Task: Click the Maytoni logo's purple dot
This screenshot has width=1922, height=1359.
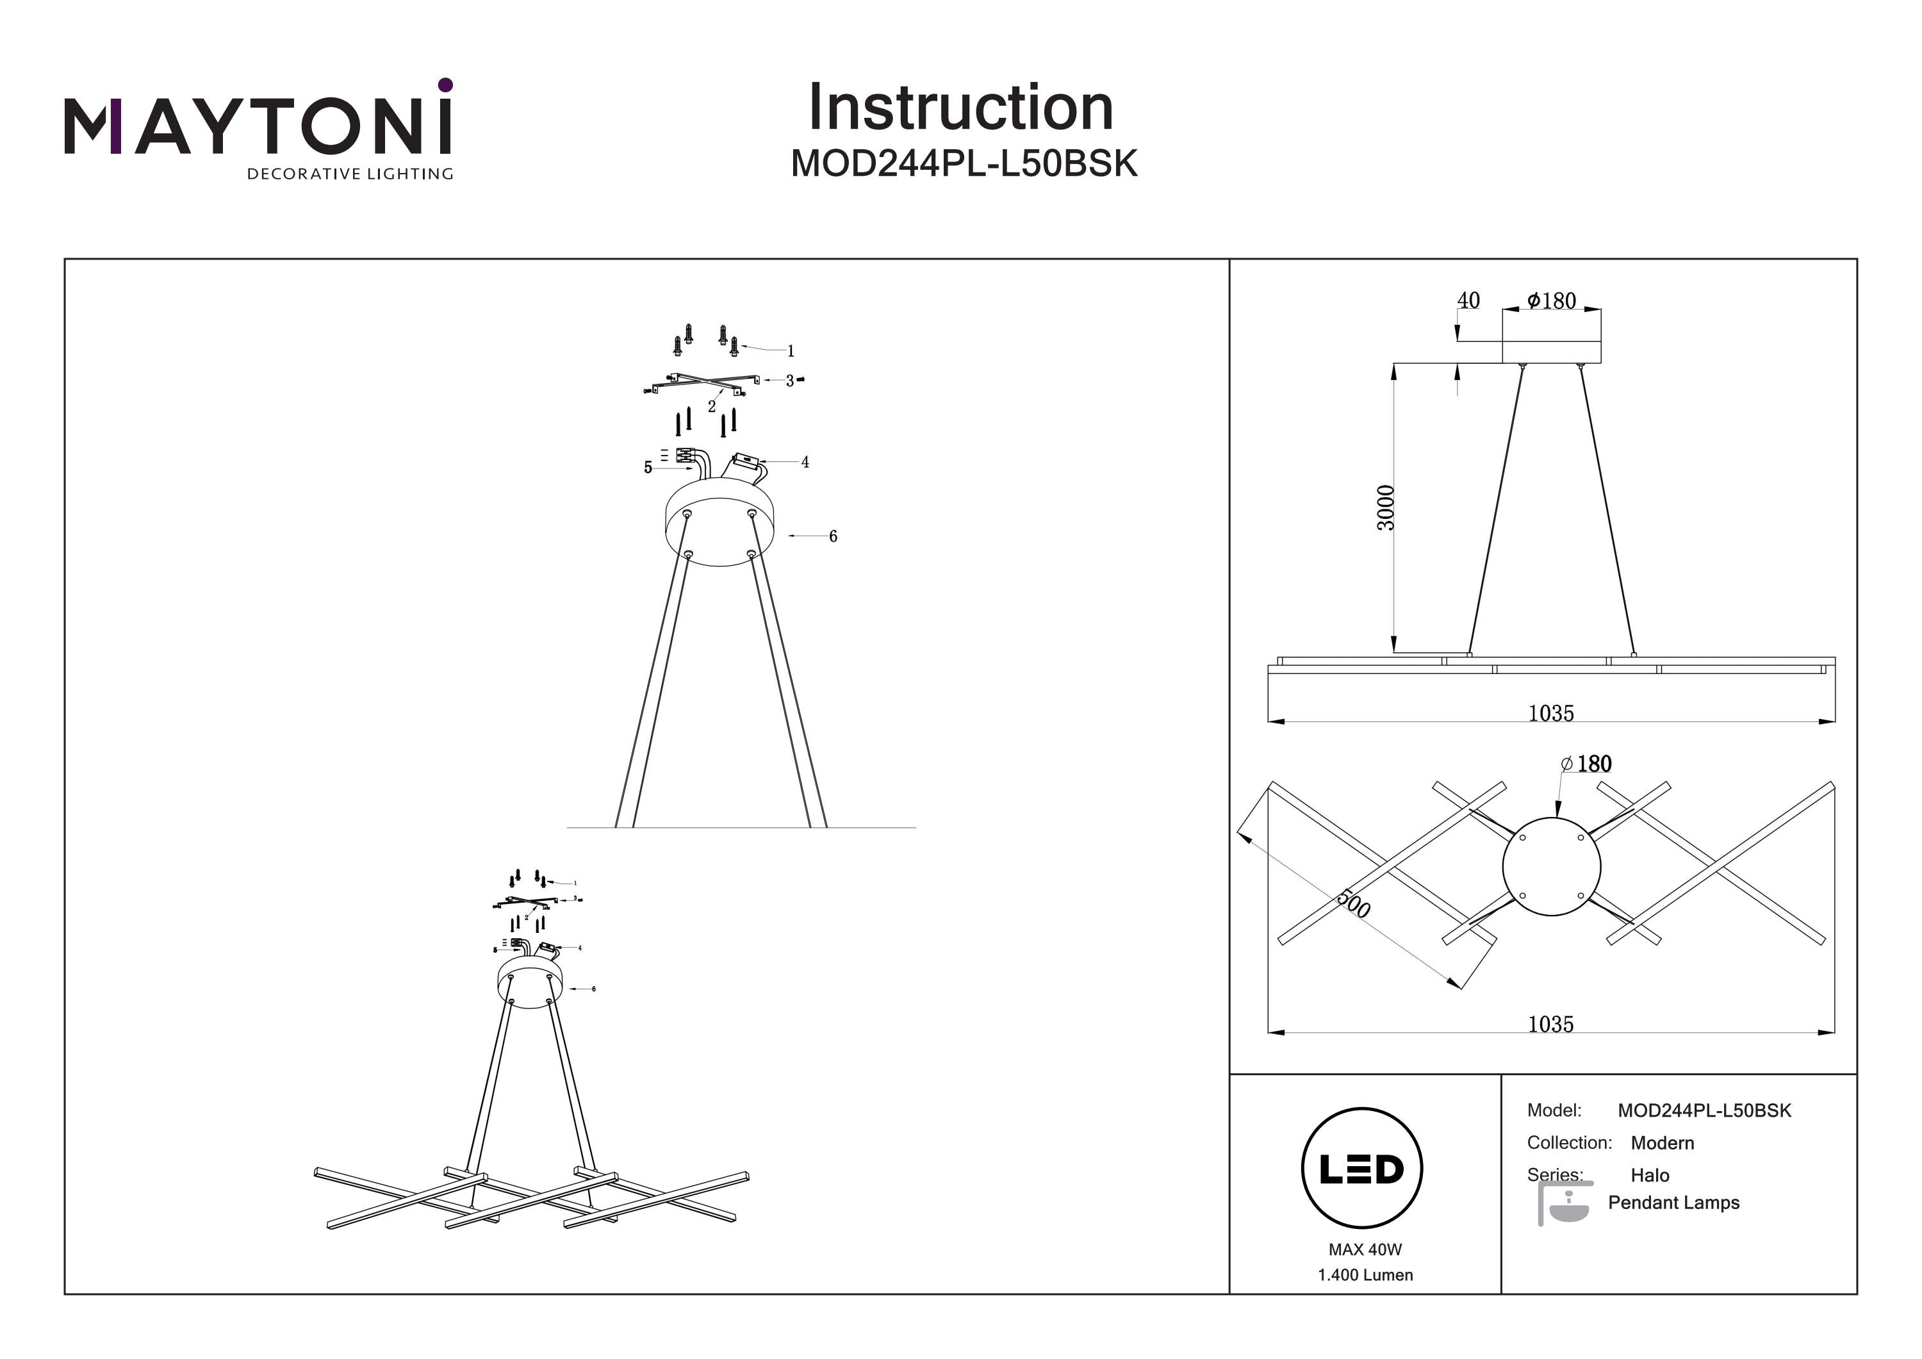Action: click(445, 85)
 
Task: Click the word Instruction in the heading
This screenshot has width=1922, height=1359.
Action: click(960, 108)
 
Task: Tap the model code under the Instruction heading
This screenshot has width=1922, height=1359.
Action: click(964, 164)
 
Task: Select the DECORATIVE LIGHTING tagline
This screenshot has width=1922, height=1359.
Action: click(350, 174)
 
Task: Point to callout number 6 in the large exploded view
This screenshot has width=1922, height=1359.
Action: click(833, 536)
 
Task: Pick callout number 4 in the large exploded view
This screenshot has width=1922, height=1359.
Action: click(805, 462)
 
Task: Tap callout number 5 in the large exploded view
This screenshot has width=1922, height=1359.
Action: click(648, 467)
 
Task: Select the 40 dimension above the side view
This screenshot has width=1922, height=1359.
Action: click(1468, 300)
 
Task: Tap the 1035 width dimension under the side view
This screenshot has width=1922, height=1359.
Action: click(1550, 713)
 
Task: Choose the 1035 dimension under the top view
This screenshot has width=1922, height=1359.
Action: click(1550, 1024)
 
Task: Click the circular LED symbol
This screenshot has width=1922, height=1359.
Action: click(1362, 1169)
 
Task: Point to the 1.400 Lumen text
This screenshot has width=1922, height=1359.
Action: click(1365, 1275)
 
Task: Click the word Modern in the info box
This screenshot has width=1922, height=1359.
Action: click(1662, 1143)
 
